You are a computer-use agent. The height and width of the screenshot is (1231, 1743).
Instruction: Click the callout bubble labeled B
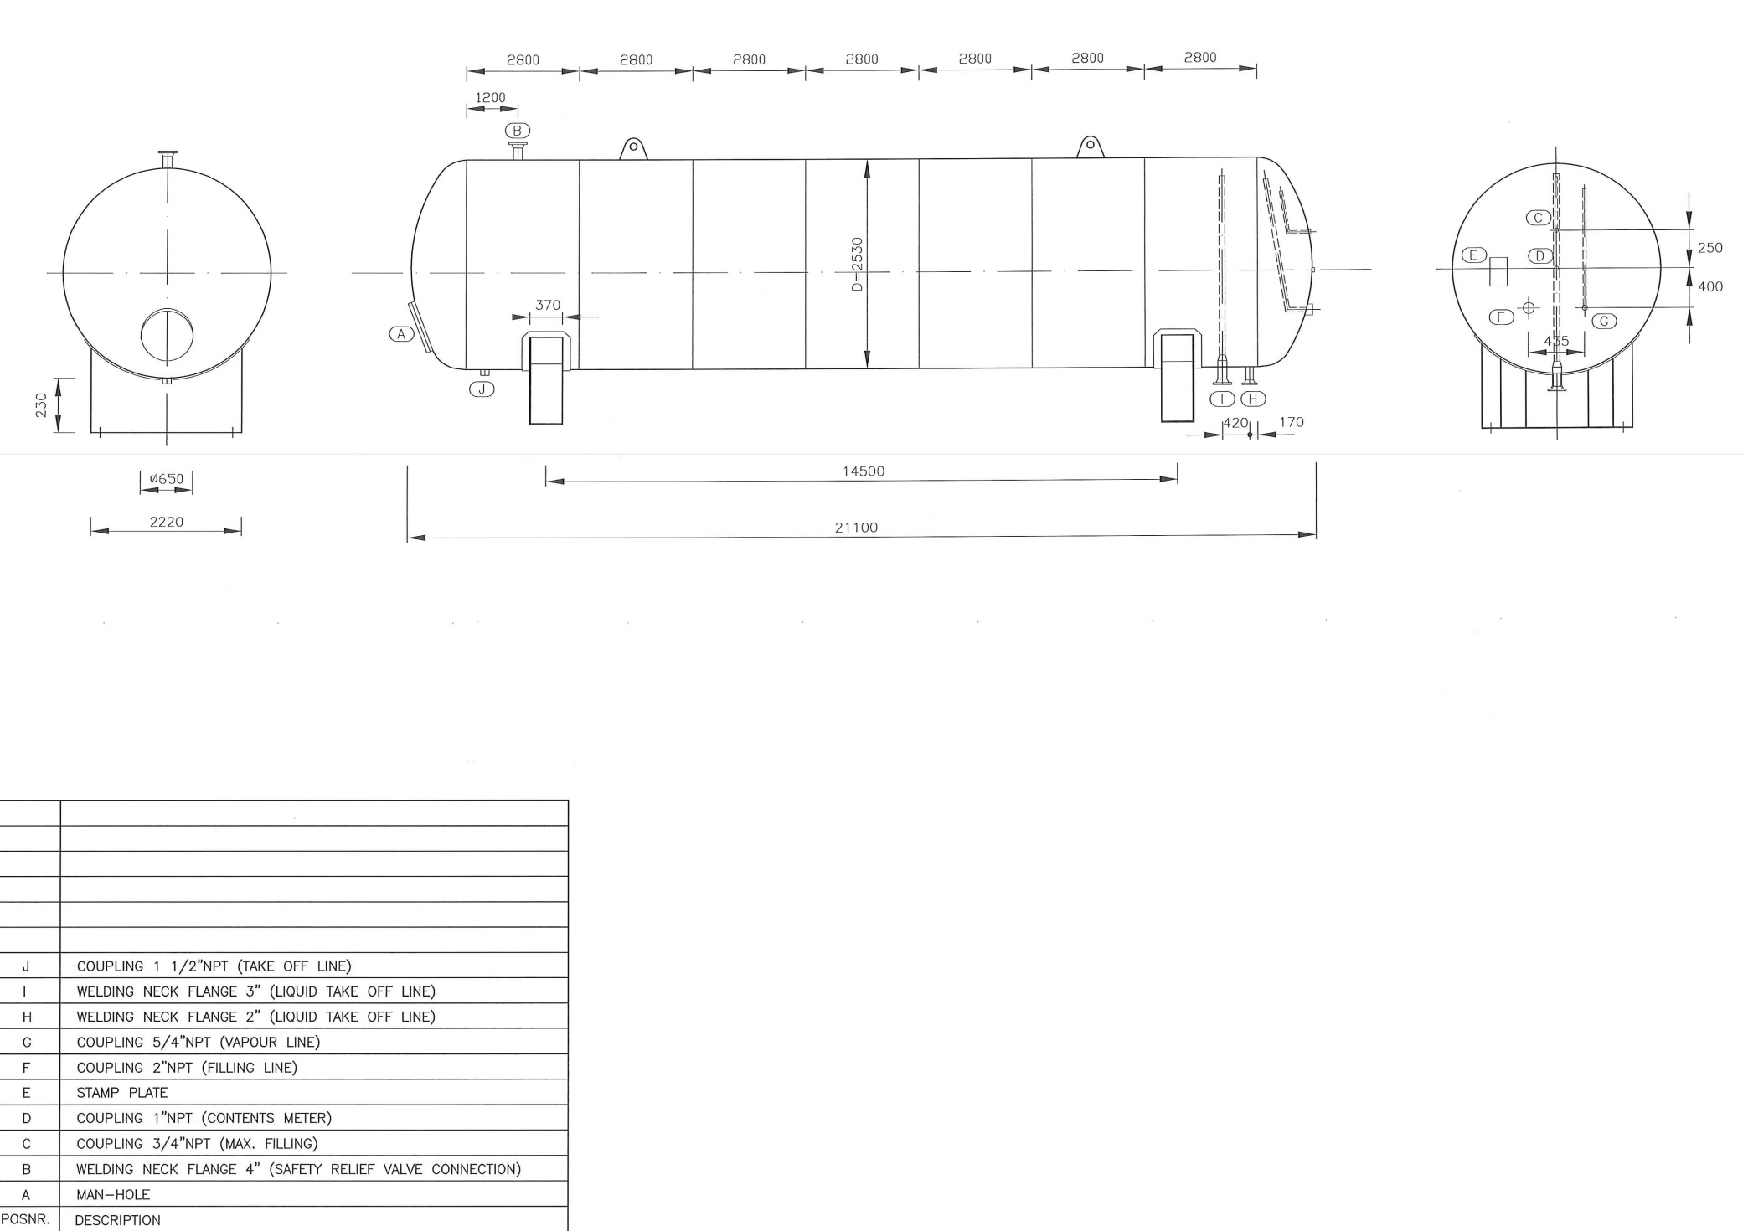[x=518, y=131]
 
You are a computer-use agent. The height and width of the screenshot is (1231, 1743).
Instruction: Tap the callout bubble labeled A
[x=401, y=334]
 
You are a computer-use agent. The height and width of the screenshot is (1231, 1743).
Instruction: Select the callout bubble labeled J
[x=482, y=389]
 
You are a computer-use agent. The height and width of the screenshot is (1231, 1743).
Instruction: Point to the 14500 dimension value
[x=863, y=471]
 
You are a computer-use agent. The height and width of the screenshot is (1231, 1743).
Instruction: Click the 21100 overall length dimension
[x=856, y=528]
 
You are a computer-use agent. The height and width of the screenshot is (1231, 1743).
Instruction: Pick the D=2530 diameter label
[x=857, y=264]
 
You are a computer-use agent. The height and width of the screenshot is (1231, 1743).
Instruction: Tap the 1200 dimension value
[x=491, y=98]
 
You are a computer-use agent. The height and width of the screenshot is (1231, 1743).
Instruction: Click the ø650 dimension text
[x=167, y=479]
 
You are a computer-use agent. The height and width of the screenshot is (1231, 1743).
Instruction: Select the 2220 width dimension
[x=167, y=522]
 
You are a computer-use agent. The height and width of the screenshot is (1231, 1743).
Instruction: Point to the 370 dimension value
[x=548, y=306]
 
